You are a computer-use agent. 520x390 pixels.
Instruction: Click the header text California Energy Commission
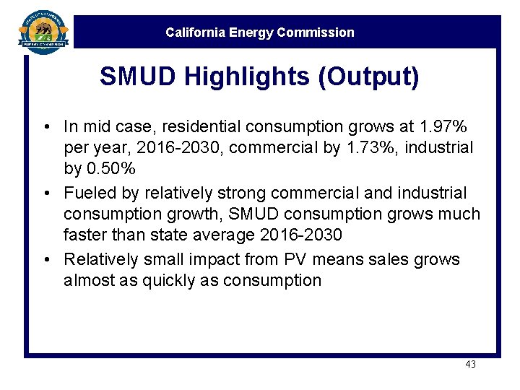tap(260, 32)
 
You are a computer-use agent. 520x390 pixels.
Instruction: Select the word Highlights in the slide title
tap(239, 77)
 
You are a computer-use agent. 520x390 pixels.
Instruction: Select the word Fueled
tap(87, 194)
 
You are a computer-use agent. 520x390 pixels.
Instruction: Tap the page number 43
tap(470, 365)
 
